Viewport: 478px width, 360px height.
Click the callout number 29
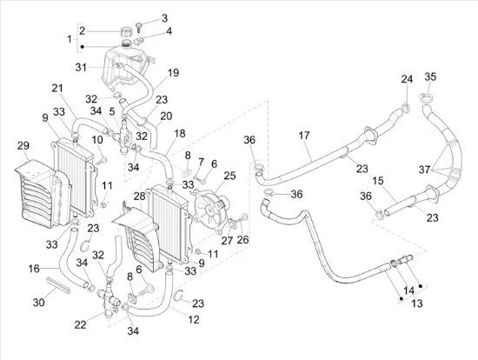pos(23,146)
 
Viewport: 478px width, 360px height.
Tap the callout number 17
pos(303,136)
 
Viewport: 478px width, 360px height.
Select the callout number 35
pos(430,77)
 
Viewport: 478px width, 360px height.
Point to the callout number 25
pos(229,176)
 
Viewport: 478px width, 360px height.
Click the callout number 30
pos(39,303)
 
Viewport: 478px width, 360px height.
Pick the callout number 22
pos(81,325)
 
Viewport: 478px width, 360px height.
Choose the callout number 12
pos(194,319)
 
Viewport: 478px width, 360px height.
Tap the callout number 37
pos(424,170)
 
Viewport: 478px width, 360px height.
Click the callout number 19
pos(173,73)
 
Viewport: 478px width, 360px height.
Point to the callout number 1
pos(70,39)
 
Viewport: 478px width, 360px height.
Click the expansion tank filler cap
pos(126,31)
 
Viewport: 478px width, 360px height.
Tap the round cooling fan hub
pos(210,210)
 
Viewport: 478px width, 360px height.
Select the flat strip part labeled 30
pos(58,285)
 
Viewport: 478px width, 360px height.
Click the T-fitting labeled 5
pos(124,136)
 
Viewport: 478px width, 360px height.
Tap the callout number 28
pos(140,197)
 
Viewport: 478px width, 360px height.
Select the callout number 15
pos(377,181)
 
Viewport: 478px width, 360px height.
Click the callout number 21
pos(57,89)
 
